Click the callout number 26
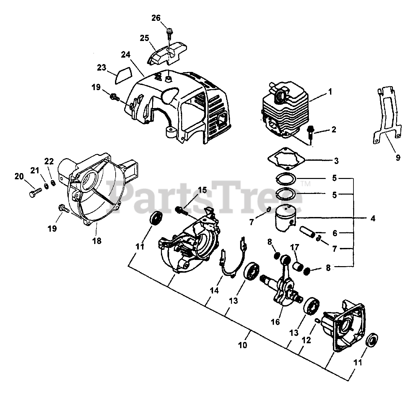156,18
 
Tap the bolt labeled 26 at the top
169,32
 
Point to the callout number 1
330,92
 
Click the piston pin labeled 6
308,233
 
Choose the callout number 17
295,247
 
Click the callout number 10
242,345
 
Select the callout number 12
306,340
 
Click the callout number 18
97,241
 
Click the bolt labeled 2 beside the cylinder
310,132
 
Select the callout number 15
202,190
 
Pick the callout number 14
214,290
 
